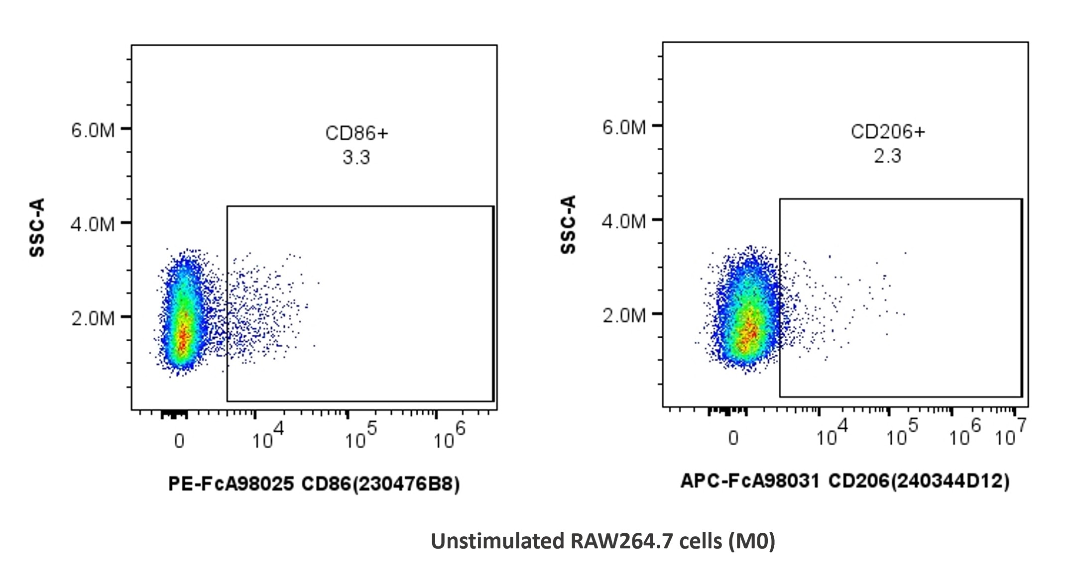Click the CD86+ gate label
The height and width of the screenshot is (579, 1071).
pyautogui.click(x=356, y=133)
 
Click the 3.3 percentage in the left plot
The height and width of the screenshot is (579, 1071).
pyautogui.click(x=356, y=158)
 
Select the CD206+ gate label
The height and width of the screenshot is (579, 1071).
pyautogui.click(x=887, y=132)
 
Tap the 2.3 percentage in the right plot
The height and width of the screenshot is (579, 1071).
pyautogui.click(x=887, y=156)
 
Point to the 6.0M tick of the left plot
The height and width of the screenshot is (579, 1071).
pyautogui.click(x=93, y=130)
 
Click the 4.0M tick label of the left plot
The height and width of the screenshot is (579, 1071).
pyautogui.click(x=93, y=224)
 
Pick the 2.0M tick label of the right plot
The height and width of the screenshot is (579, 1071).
pyautogui.click(x=624, y=315)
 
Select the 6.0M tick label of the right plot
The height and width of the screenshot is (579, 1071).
pyautogui.click(x=624, y=127)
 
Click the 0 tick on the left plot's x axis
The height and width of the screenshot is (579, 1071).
pyautogui.click(x=179, y=441)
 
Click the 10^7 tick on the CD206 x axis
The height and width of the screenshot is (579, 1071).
pyautogui.click(x=1010, y=434)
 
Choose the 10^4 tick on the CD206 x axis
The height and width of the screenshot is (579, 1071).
pyautogui.click(x=831, y=434)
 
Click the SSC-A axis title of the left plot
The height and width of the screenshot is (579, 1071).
pyautogui.click(x=37, y=227)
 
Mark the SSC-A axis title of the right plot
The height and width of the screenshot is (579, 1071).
pyautogui.click(x=568, y=224)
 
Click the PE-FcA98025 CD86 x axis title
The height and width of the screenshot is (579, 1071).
pyautogui.click(x=314, y=483)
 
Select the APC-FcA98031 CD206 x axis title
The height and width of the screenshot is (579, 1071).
pyautogui.click(x=844, y=481)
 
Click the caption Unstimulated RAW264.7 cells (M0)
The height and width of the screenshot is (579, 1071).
pyautogui.click(x=602, y=541)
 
